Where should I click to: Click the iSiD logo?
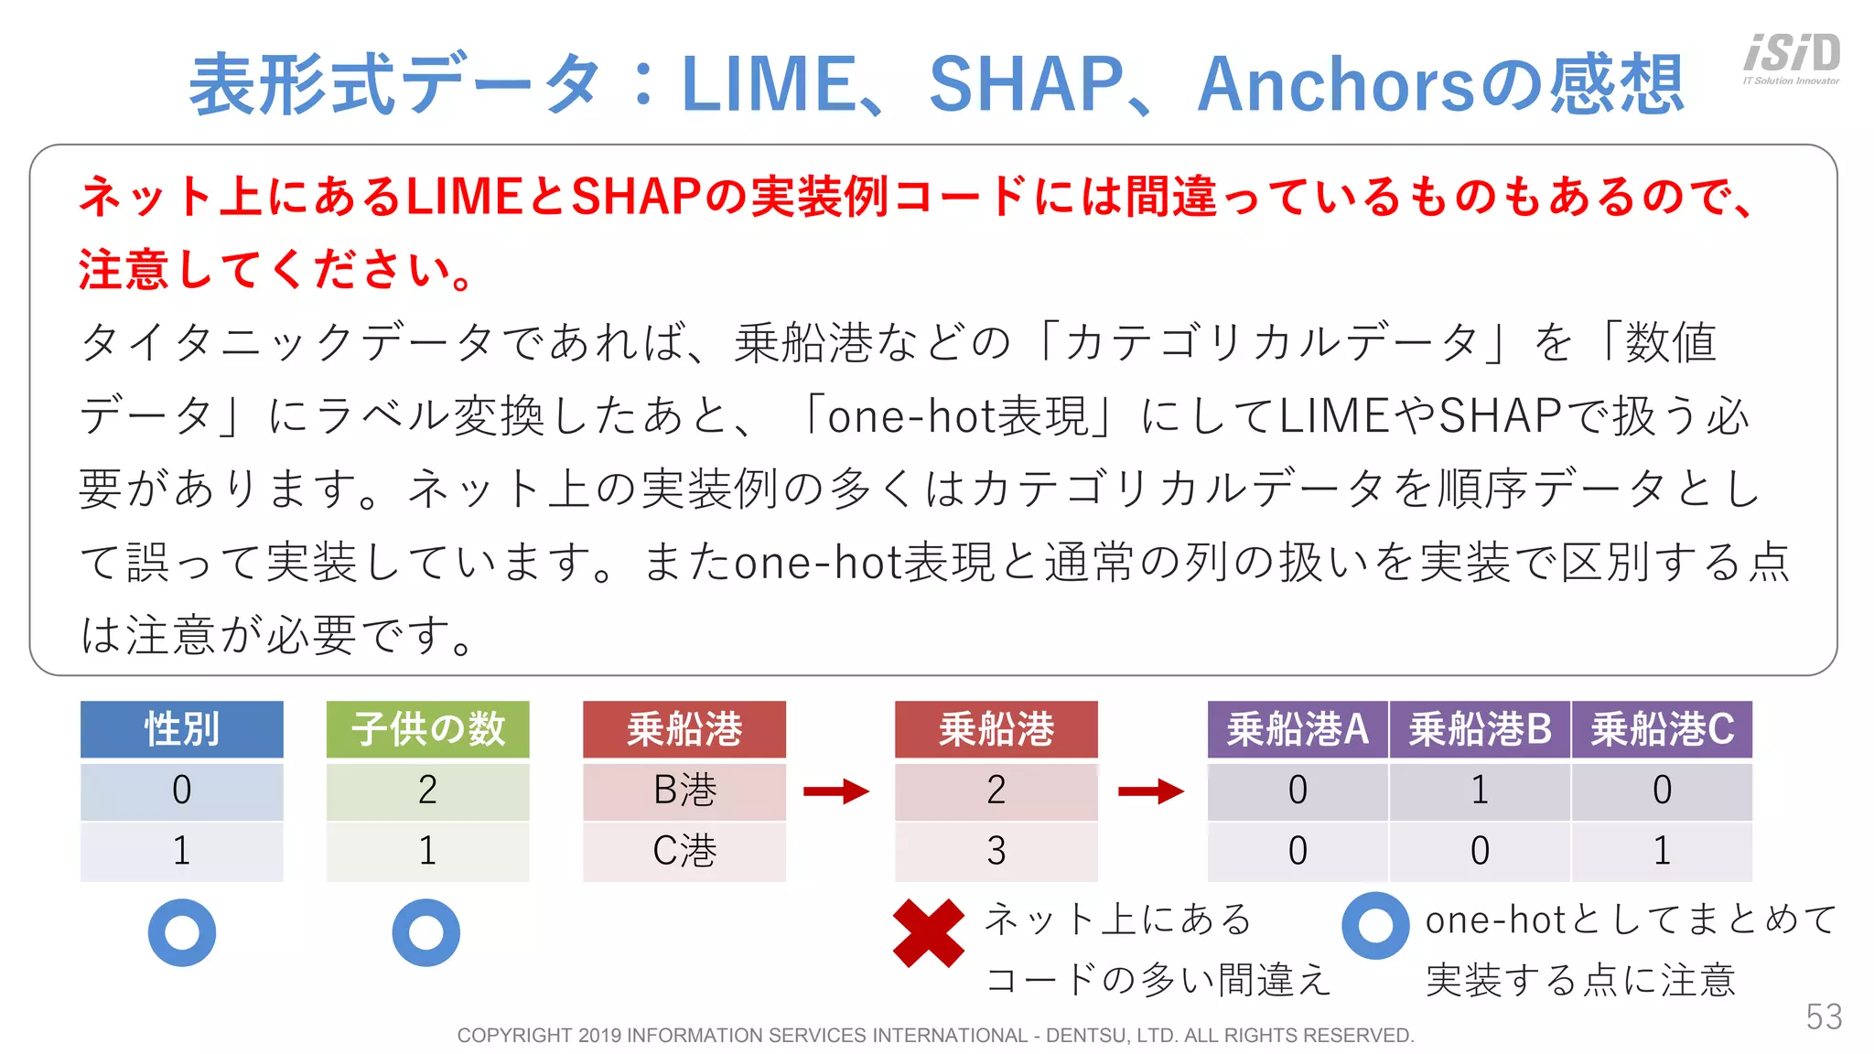point(1792,58)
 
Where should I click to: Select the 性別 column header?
point(181,729)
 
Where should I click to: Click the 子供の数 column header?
point(427,729)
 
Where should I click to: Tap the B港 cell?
point(684,790)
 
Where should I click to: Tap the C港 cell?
point(684,851)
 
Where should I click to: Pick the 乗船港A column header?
point(1298,729)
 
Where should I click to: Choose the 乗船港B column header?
point(1480,729)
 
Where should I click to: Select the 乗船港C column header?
point(1662,729)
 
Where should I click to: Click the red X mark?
point(928,933)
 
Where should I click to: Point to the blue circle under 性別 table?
point(182,932)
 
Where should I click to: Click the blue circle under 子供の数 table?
point(426,932)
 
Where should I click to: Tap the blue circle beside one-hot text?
point(1375,925)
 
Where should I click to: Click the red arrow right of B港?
point(836,790)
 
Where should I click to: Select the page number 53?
point(1824,1016)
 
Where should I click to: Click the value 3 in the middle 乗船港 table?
point(996,851)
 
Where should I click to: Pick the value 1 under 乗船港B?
point(1480,790)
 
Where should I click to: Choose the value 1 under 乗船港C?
point(1662,851)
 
